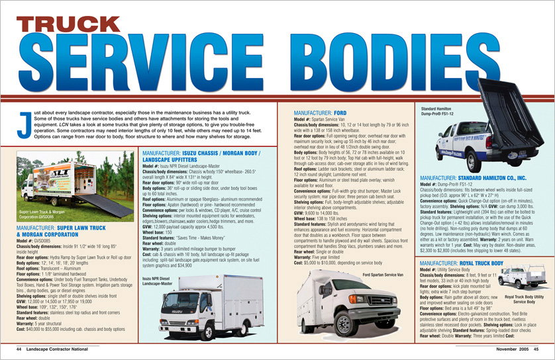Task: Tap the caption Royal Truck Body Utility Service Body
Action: point(525,300)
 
